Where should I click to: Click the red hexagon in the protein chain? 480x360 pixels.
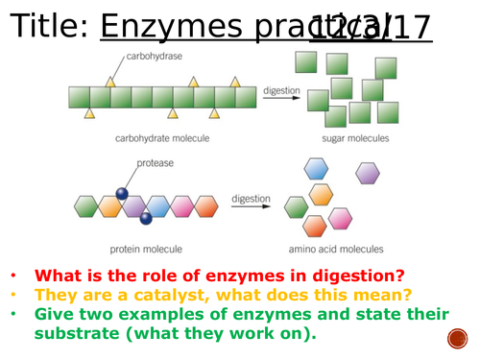[206, 205]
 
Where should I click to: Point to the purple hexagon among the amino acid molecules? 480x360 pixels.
[367, 173]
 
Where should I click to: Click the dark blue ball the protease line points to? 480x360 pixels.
[123, 194]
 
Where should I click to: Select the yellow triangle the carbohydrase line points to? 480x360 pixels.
[110, 83]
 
